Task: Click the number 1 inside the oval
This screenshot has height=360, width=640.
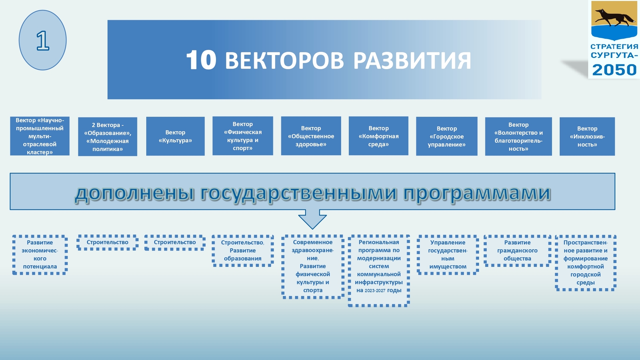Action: [43, 41]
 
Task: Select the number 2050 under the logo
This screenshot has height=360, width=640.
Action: [614, 70]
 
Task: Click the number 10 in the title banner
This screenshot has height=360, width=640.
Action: [201, 60]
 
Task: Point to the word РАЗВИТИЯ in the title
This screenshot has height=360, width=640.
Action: [412, 61]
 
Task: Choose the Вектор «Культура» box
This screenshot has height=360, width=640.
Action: [175, 136]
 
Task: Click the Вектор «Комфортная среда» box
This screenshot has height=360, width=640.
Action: [378, 136]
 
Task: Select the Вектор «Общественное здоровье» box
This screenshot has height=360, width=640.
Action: [311, 136]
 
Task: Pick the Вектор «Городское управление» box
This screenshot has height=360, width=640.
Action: [447, 136]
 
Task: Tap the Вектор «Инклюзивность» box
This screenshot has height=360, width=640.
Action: [587, 136]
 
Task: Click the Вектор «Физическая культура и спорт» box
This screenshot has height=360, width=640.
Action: [243, 136]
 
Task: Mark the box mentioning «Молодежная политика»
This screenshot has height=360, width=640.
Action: [107, 137]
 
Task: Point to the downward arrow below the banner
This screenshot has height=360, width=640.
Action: [312, 219]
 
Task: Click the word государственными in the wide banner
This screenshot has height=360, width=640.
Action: [299, 193]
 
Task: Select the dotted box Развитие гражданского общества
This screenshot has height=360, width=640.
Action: [517, 251]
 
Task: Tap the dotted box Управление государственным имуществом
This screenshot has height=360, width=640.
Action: [448, 255]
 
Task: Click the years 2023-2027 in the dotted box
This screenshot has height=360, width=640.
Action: [375, 291]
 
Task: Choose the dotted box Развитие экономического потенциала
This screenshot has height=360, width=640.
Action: [40, 255]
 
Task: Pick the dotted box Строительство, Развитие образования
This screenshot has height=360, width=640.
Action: [243, 251]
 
